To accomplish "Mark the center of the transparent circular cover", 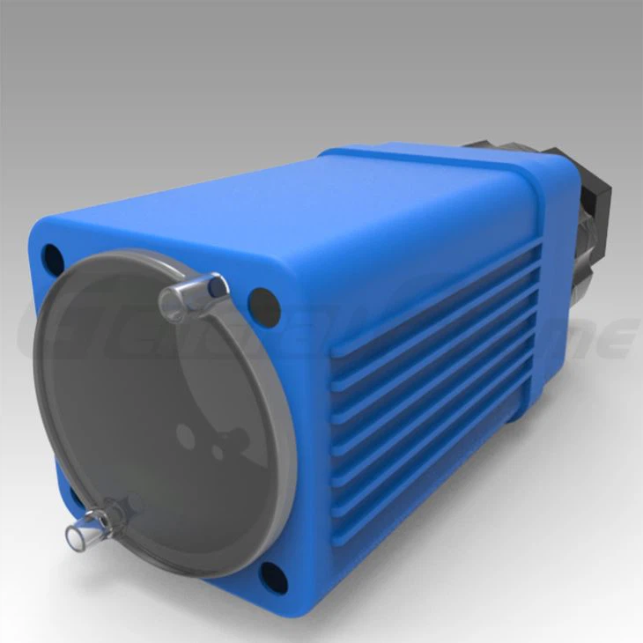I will click(163, 414).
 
